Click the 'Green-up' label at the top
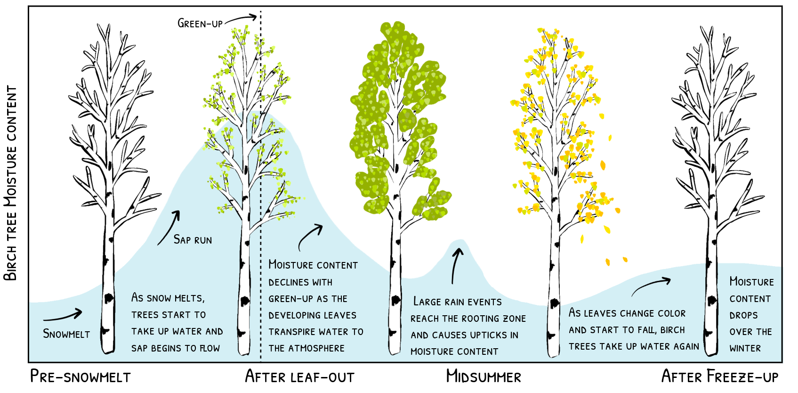[200, 23]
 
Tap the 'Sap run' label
[193, 240]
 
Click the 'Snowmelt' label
[66, 334]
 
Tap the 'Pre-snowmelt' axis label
[80, 377]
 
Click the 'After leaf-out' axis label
[299, 377]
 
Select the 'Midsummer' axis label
[484, 377]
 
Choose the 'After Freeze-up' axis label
[720, 377]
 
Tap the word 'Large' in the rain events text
[427, 302]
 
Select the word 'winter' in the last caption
[745, 348]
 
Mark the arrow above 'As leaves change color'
[652, 286]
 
